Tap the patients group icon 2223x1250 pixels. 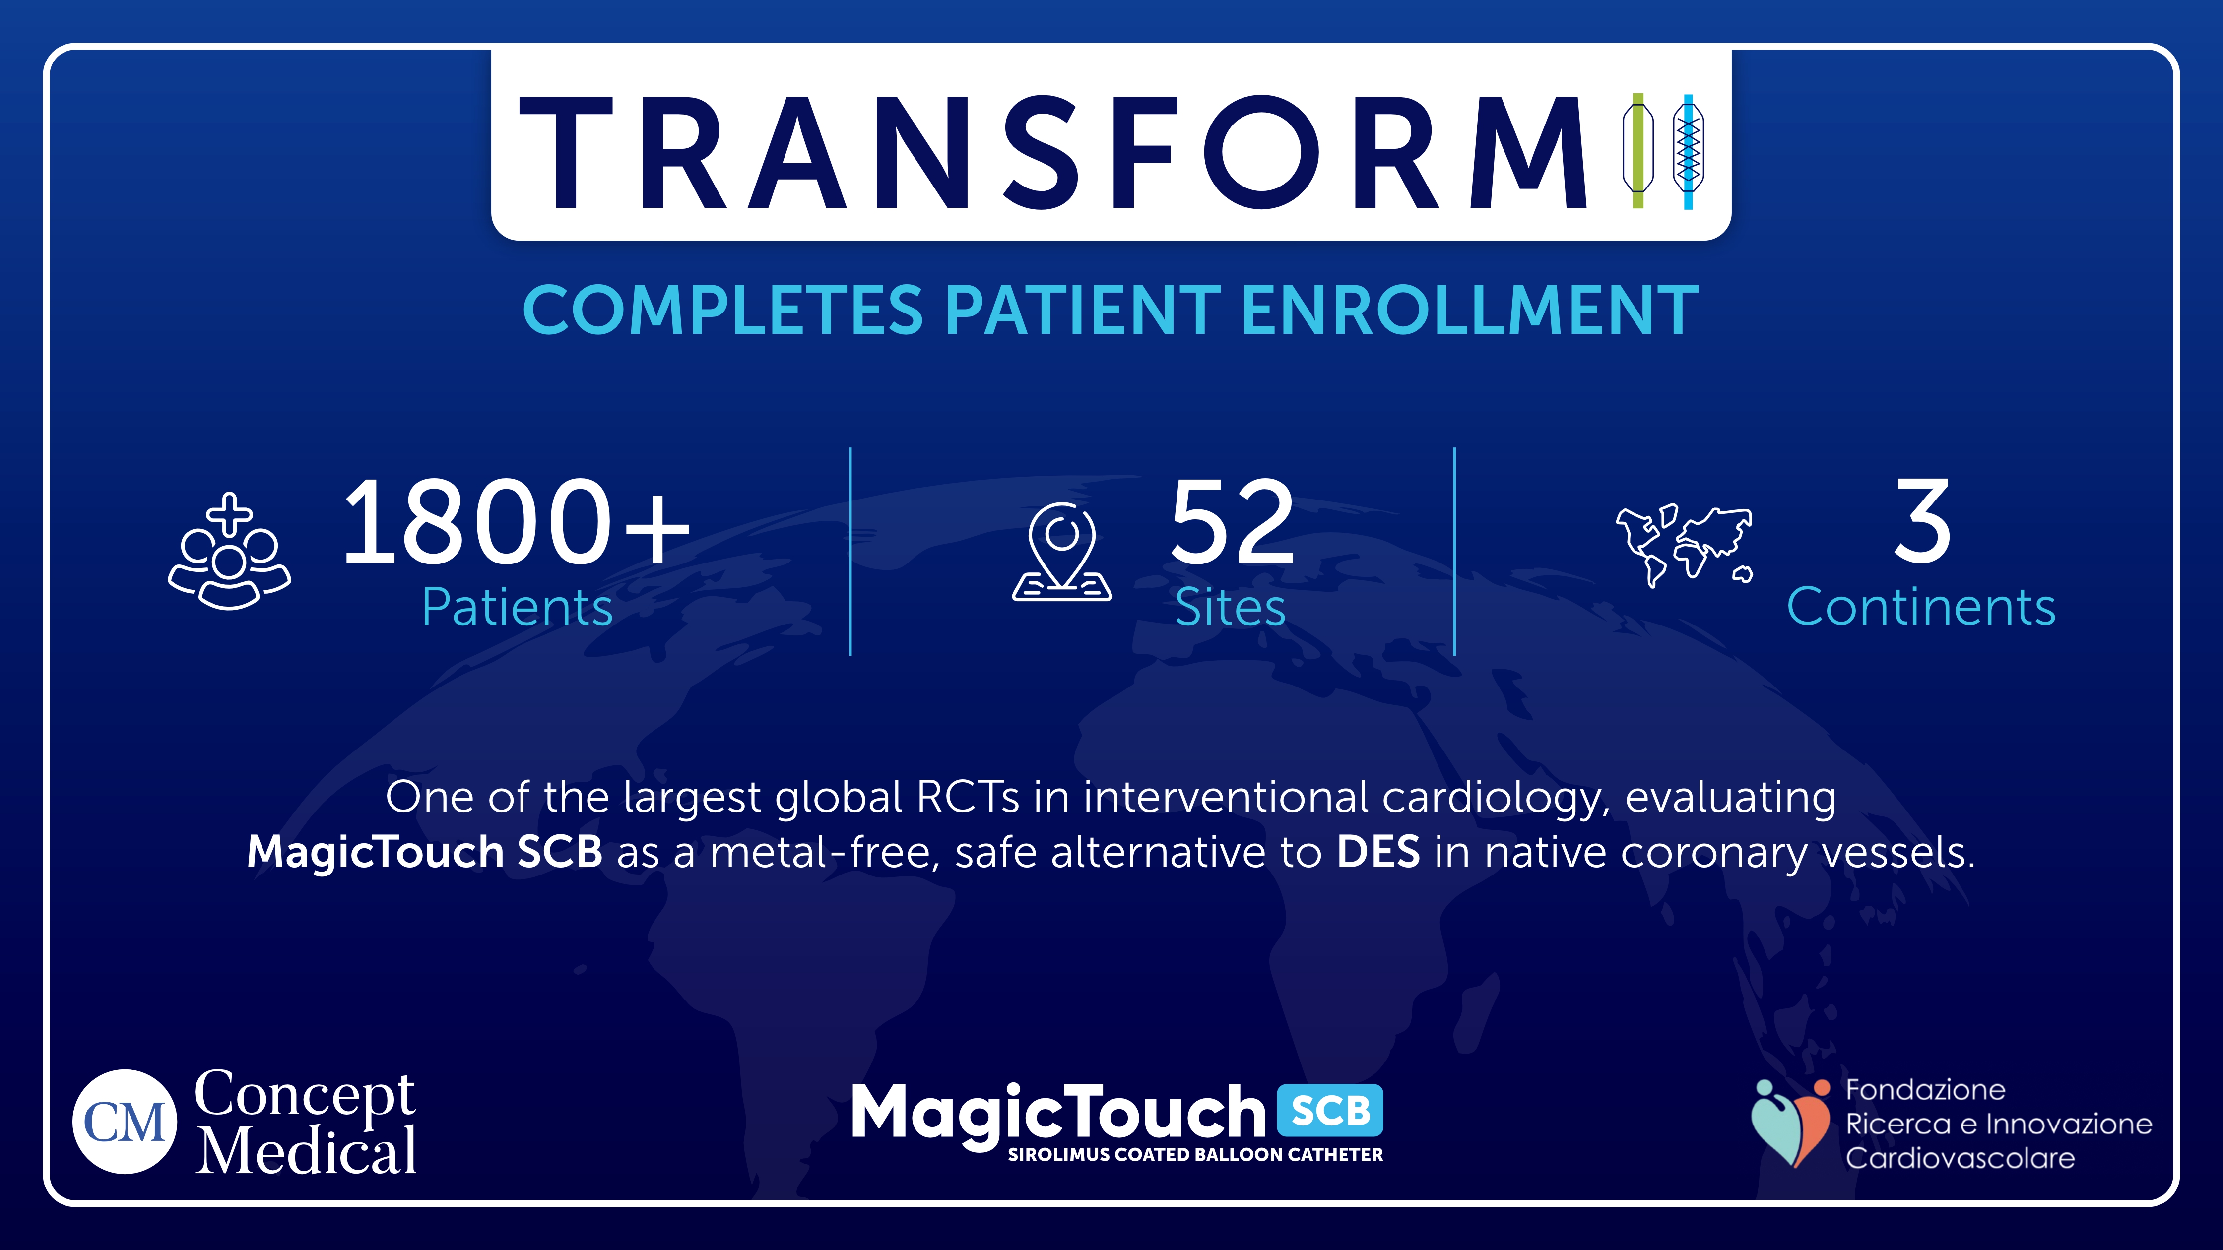coord(230,552)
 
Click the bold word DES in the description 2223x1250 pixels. coord(1377,852)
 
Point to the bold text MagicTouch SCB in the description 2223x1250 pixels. coord(425,852)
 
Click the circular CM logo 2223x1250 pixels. coord(125,1122)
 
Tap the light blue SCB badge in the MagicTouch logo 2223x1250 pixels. coord(1330,1110)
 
